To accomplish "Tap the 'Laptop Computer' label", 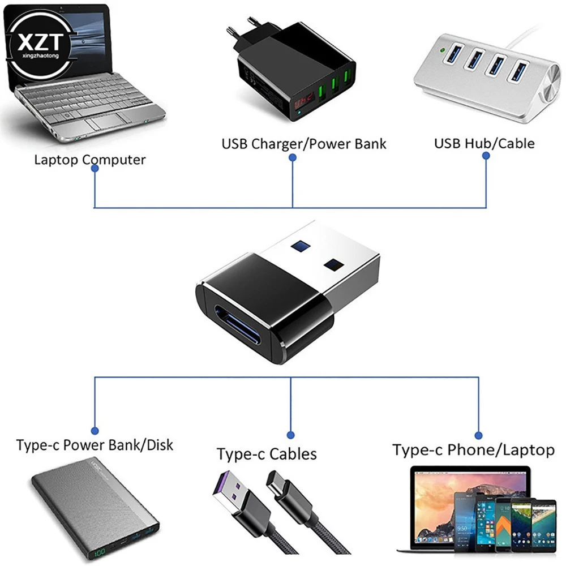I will [x=89, y=160].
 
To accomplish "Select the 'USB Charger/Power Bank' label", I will [x=303, y=144].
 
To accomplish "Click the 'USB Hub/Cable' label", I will [x=484, y=143].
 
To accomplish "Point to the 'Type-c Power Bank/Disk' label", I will [x=95, y=445].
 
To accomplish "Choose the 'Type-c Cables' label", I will [x=267, y=454].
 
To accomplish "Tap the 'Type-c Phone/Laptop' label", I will [x=473, y=450].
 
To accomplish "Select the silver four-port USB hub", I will [x=484, y=79].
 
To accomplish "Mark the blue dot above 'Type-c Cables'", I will [x=290, y=435].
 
